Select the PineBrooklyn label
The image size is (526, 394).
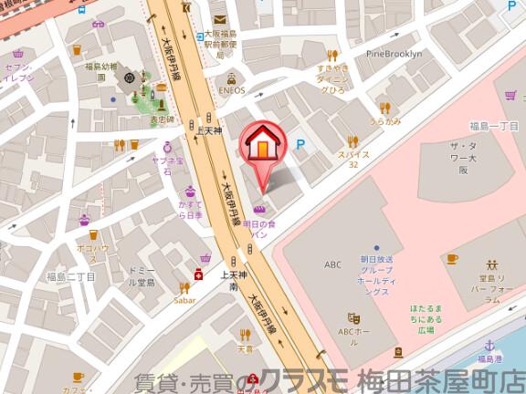(394, 54)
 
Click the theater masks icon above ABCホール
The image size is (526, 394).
(354, 317)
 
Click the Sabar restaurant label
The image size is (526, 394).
(184, 298)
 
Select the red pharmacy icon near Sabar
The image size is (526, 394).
(197, 275)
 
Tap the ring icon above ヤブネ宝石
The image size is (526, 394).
(168, 145)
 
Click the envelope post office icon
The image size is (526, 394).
(219, 19)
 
